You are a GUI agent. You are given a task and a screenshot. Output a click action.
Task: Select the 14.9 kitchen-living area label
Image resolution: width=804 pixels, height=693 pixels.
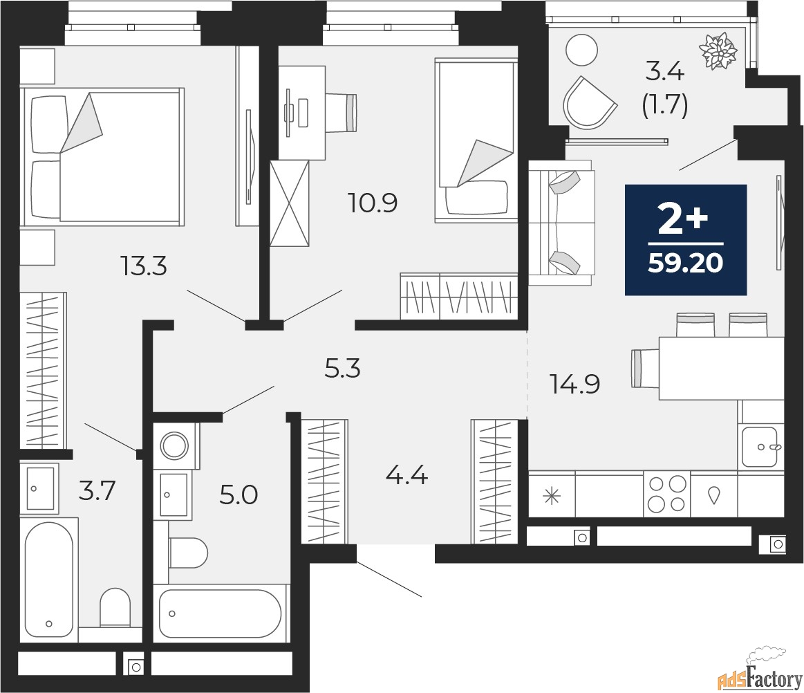click(574, 383)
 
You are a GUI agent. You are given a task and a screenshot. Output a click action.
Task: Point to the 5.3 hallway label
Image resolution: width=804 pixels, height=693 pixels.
click(344, 369)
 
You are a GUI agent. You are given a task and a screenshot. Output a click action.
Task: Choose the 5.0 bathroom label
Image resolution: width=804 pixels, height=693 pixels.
click(239, 495)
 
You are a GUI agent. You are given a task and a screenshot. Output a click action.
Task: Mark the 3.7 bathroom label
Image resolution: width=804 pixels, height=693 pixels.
click(96, 492)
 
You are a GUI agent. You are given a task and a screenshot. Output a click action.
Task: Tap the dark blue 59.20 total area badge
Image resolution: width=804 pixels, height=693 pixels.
click(686, 240)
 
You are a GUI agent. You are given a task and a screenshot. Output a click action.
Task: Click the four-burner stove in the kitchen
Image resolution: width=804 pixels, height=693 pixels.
click(666, 494)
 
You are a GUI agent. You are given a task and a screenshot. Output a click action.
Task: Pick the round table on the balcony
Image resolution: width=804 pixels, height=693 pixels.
click(580, 50)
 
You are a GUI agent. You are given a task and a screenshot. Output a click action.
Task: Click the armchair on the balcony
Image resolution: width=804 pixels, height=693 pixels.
click(588, 102)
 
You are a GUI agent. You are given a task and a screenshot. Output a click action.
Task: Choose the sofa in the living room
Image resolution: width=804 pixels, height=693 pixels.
click(561, 222)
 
